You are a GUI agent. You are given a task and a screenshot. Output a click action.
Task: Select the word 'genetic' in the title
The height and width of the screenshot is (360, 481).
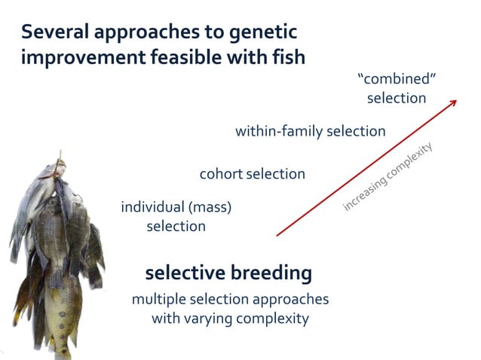(x=265, y=32)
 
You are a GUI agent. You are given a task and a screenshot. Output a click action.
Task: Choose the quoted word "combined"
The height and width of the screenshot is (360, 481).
(x=397, y=80)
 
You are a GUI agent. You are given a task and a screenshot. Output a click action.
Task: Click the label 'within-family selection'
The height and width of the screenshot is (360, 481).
(x=310, y=131)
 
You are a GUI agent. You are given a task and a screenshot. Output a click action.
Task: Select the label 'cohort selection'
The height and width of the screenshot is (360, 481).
(x=252, y=174)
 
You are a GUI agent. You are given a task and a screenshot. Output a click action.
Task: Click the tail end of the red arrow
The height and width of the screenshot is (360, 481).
(x=278, y=235)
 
